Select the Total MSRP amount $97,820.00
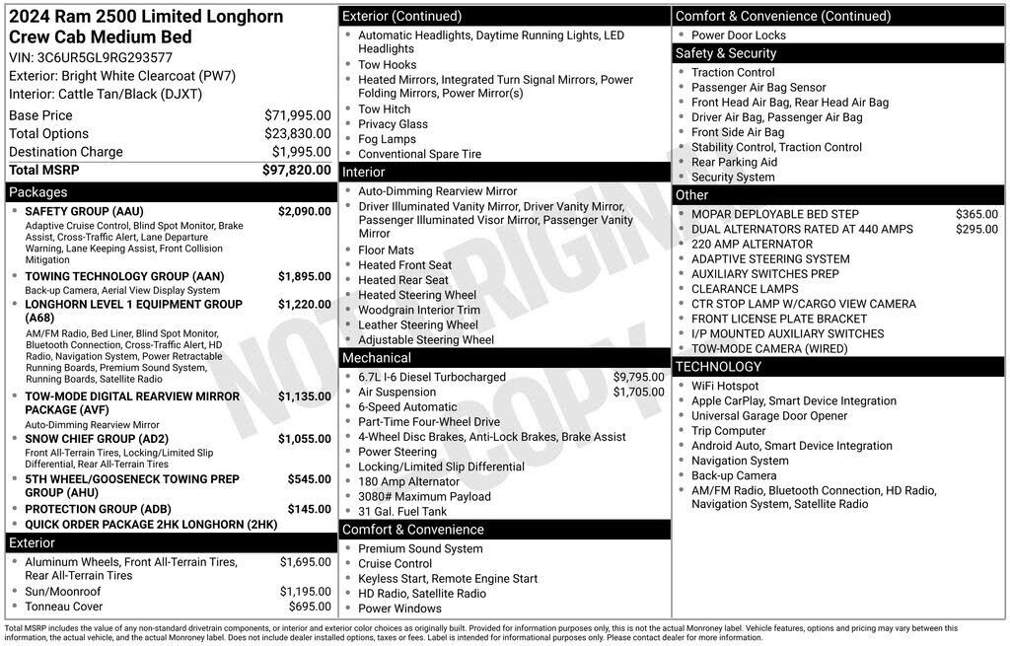coord(296,170)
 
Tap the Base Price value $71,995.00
coord(297,115)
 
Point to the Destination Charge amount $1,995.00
coord(301,152)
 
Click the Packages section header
coord(38,192)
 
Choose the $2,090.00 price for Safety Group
coord(304,211)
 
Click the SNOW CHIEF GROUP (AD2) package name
coord(97,439)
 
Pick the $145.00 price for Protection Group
coord(309,509)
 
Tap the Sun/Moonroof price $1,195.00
coord(305,592)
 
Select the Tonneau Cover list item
coord(63,607)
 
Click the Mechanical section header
coord(376,358)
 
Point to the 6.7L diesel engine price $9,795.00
coord(639,377)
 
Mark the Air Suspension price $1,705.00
coord(639,392)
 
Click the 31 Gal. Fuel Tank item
coord(402,511)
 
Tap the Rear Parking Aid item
coord(734,162)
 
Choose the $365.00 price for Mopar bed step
coord(976,214)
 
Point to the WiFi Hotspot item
coord(725,386)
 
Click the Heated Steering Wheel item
coord(417,295)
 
